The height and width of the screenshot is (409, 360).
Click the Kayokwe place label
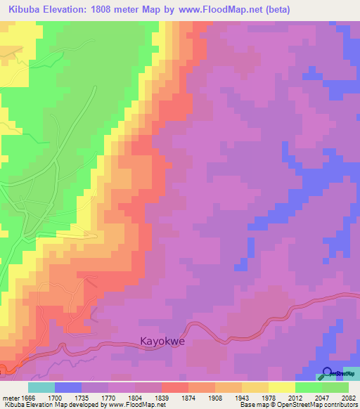157,343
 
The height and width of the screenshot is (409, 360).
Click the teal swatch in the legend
41,387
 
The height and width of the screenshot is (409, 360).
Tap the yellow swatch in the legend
282,387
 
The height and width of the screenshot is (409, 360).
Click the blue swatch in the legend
67,387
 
